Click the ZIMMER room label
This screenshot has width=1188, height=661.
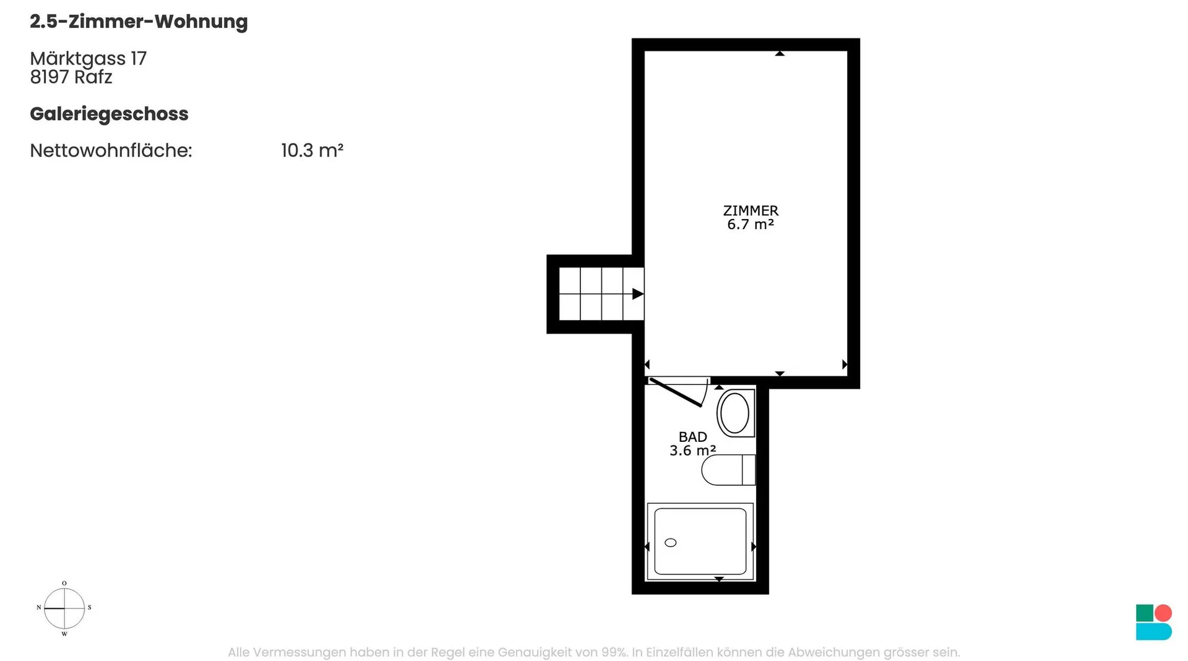pyautogui.click(x=751, y=210)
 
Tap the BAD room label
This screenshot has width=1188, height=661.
pyautogui.click(x=692, y=437)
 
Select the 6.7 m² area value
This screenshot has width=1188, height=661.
pyautogui.click(x=751, y=224)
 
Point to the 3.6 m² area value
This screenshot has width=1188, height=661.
pyautogui.click(x=692, y=451)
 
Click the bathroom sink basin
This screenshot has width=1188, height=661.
pyautogui.click(x=735, y=413)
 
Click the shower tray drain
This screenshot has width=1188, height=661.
pyautogui.click(x=671, y=543)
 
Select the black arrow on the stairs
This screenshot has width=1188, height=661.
pyautogui.click(x=637, y=294)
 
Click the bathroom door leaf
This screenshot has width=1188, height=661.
pyautogui.click(x=675, y=392)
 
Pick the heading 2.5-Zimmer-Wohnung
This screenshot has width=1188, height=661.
pyautogui.click(x=139, y=22)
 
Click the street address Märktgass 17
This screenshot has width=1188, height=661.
pyautogui.click(x=88, y=59)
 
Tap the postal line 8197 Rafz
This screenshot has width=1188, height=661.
pyautogui.click(x=71, y=77)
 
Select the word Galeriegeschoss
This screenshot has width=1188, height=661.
pyautogui.click(x=109, y=114)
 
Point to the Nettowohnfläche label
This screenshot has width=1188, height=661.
pyautogui.click(x=111, y=150)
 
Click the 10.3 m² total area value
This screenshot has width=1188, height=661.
pyautogui.click(x=312, y=150)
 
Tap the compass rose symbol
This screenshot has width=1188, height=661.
pyautogui.click(x=64, y=608)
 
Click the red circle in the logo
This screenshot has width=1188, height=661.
pyautogui.click(x=1163, y=613)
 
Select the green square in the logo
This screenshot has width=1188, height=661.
pyautogui.click(x=1145, y=613)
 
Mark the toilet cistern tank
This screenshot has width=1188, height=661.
pyautogui.click(x=749, y=470)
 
